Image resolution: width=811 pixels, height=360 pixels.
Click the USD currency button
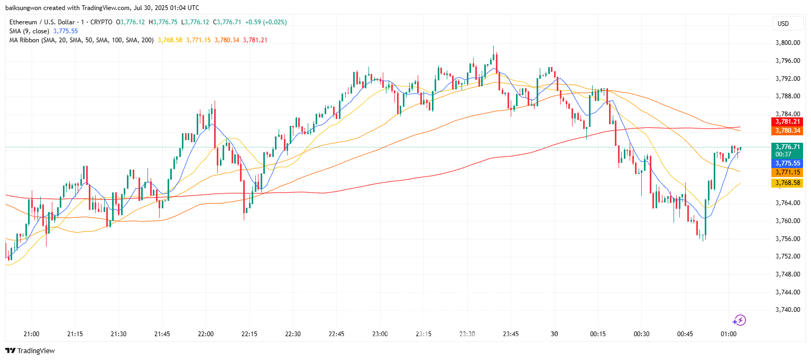point(783,23)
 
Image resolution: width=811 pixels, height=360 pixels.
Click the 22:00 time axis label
point(206,334)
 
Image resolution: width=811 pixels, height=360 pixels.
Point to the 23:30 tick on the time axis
point(467,334)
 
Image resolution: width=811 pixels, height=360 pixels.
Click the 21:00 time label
point(32,334)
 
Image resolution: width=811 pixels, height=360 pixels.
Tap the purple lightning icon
point(739,320)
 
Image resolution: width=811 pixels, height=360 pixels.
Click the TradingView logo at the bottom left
point(30,350)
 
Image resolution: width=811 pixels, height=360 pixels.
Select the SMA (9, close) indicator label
point(30,31)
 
